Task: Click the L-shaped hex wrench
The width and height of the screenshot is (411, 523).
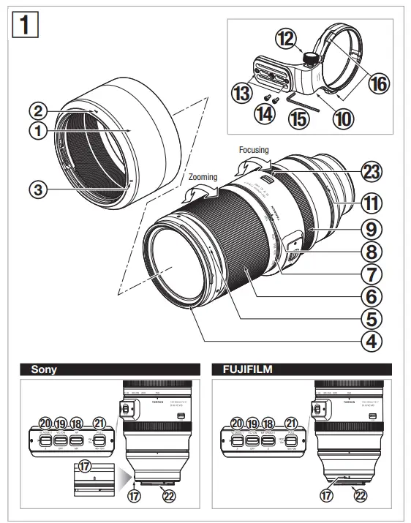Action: [x=299, y=101]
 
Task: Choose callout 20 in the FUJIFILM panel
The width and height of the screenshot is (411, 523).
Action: [x=235, y=423]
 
